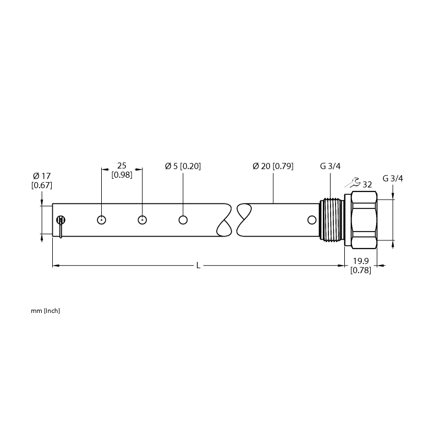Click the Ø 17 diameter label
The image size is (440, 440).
click(42, 176)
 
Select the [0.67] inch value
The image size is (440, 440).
click(42, 185)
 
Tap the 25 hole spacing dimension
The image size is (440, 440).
click(122, 166)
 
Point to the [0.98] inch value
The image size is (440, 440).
click(122, 175)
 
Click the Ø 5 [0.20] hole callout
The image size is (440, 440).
click(183, 166)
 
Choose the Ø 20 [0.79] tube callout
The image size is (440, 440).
click(273, 166)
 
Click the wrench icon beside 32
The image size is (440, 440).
click(353, 183)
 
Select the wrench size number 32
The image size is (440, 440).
click(367, 185)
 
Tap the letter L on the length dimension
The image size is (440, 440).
click(198, 266)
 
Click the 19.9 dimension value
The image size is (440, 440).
click(361, 261)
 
